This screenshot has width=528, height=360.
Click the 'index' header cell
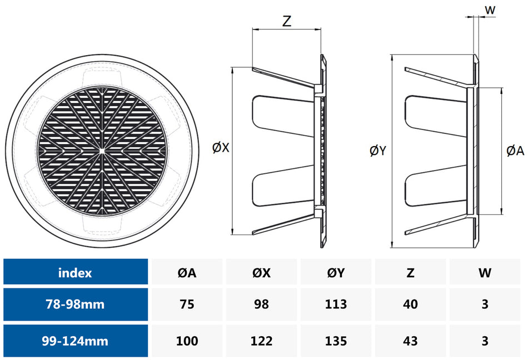[75, 272]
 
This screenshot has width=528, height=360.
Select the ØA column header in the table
[187, 272]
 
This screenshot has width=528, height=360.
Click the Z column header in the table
[411, 272]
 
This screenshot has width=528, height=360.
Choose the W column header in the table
[485, 272]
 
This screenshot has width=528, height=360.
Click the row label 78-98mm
[75, 304]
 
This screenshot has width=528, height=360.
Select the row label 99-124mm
[75, 341]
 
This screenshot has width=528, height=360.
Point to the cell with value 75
[187, 304]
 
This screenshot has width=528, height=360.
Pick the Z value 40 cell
[411, 304]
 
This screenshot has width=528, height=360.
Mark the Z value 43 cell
[411, 341]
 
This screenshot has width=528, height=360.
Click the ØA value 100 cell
[187, 341]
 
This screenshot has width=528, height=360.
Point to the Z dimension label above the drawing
[287, 21]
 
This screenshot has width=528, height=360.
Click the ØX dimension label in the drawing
[220, 148]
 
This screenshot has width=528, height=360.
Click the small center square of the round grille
[103, 151]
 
